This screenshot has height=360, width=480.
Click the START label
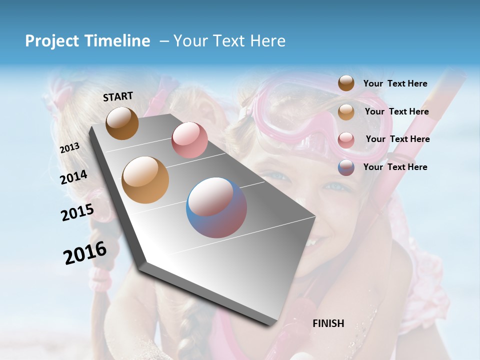coord(118,96)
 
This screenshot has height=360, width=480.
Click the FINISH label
coord(328,323)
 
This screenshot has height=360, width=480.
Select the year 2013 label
coord(69,148)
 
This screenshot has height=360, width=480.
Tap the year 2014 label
coord(74,177)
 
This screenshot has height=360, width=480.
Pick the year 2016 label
coord(85,252)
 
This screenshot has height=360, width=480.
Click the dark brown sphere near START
coord(122,123)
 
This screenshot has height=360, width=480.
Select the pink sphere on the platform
coord(189,140)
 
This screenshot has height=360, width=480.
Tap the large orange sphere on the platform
coord(145,180)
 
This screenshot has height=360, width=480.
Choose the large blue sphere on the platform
coord(216,207)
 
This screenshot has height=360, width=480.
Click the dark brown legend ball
coord(346,83)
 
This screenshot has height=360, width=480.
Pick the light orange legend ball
coord(346,112)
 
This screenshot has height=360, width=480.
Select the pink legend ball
coord(346,140)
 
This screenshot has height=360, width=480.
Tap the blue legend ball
coord(346,167)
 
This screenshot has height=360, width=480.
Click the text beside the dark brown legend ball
coord(395,83)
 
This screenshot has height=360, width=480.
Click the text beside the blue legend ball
coord(395,167)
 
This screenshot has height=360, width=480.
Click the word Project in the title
coord(52,41)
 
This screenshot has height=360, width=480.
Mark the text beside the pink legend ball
coord(397,139)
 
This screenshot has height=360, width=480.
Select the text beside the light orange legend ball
coord(396,111)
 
